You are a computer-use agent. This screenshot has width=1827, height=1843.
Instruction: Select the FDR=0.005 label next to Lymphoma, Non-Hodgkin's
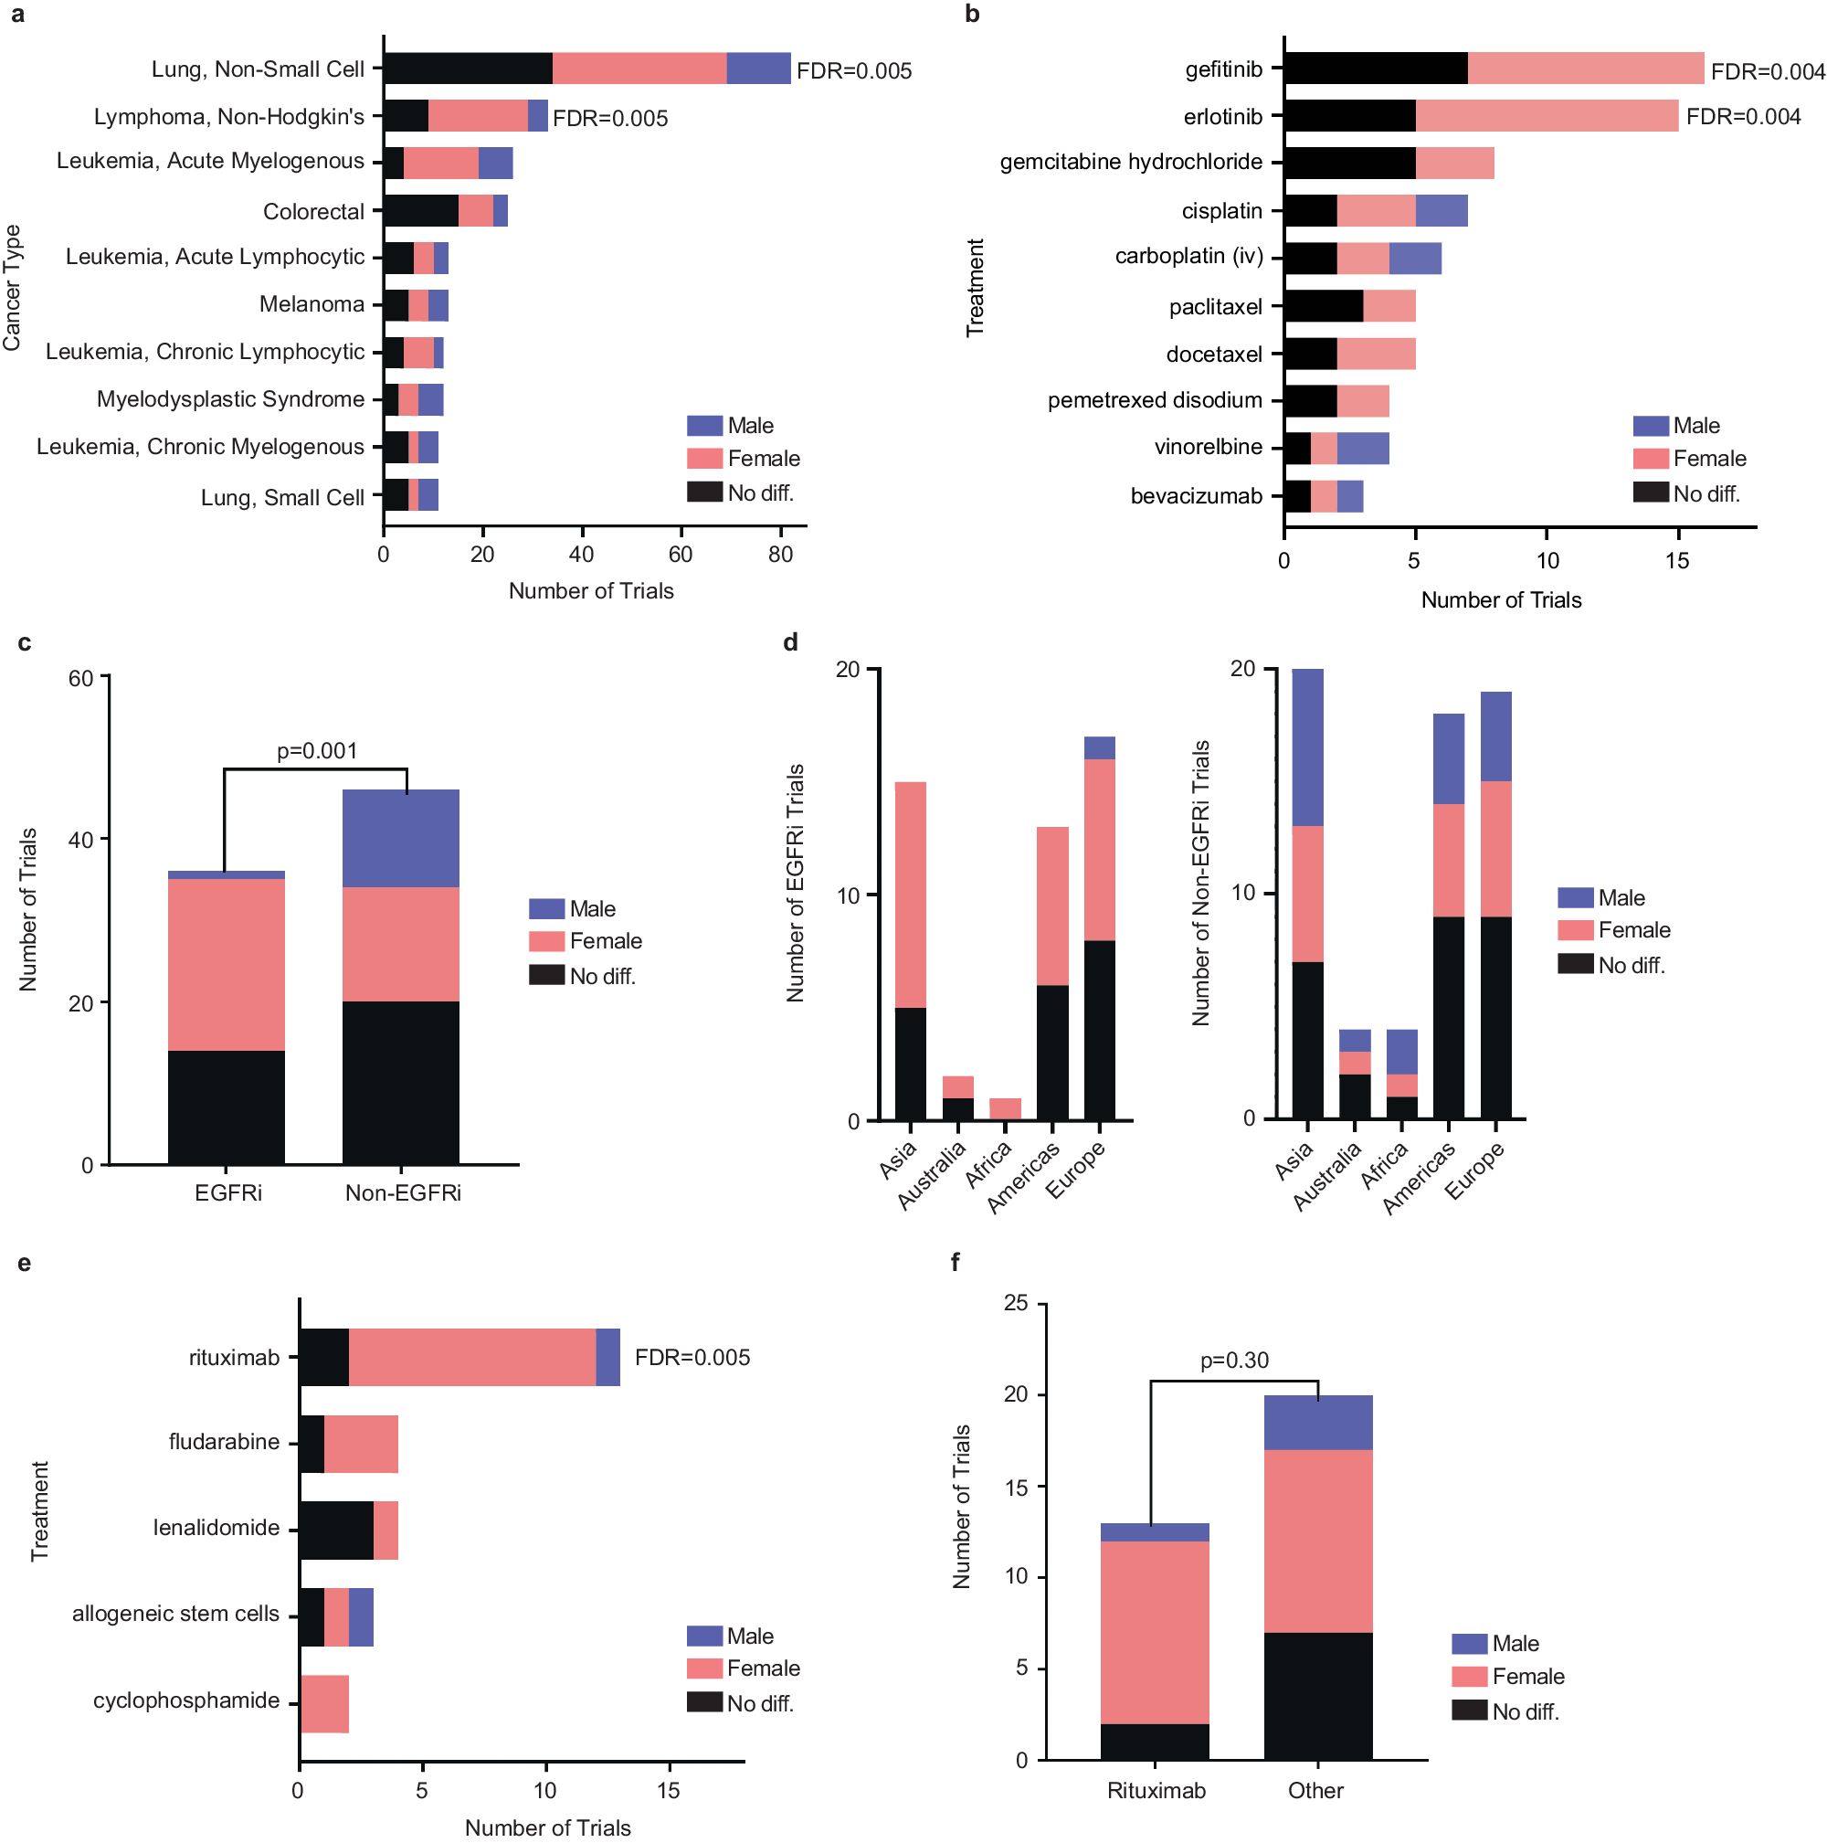pos(609,118)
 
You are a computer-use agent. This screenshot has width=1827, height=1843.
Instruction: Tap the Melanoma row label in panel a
pos(311,304)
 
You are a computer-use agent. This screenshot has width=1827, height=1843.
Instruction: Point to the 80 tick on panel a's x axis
pos(779,555)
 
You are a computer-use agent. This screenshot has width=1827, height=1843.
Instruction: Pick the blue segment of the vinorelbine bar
pos(1362,448)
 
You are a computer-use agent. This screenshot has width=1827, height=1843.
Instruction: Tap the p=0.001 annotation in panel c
pos(317,751)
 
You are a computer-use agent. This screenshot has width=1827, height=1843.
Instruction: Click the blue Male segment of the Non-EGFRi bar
pos(400,839)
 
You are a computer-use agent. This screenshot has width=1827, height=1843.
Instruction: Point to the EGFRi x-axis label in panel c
pos(227,1192)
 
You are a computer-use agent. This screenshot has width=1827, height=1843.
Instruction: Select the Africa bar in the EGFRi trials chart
pos(1004,1108)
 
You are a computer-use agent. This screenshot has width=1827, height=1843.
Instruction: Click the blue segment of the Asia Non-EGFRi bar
pos(1306,747)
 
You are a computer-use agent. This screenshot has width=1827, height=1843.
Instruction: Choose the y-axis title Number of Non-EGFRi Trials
pos(1199,883)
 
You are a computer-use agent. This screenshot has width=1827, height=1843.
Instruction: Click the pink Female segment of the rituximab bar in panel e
pos(472,1357)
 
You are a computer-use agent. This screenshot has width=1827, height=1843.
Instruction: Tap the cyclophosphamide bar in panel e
pos(323,1703)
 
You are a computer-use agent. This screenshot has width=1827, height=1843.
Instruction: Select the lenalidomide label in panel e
pos(216,1527)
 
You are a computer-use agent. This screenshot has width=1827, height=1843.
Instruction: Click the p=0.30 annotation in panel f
pos(1233,1361)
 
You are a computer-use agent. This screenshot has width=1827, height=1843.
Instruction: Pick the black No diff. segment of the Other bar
pos(1317,1695)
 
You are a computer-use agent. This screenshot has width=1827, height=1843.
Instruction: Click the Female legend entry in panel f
pos(1526,1676)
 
